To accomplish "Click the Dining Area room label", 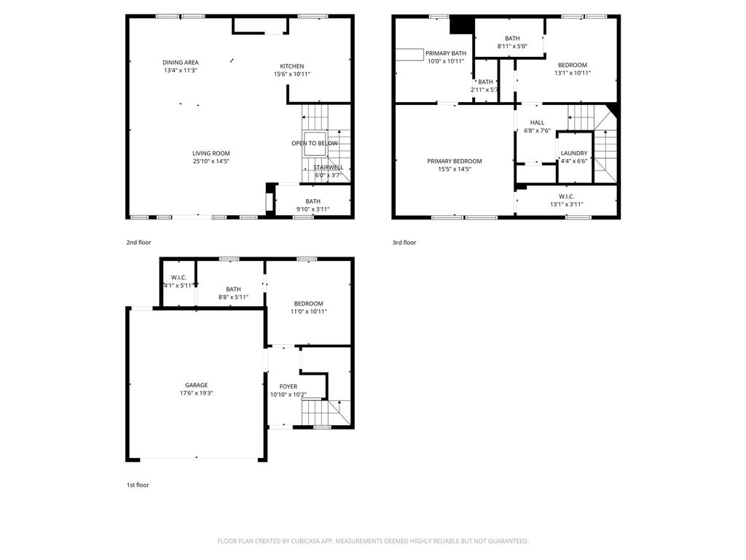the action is (181, 63).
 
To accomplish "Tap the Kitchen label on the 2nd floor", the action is (291, 66).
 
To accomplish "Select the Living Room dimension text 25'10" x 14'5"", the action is (211, 161).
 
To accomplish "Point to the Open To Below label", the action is (315, 144).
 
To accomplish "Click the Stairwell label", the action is (329, 168).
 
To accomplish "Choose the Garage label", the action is (197, 385).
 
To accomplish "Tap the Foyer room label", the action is (288, 386).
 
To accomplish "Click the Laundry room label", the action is (574, 153).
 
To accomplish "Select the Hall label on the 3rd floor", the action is (537, 122).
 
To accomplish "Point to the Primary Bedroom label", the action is (455, 161).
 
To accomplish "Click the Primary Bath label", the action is (446, 53).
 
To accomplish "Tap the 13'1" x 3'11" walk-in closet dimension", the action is (567, 205).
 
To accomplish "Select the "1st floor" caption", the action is (138, 485).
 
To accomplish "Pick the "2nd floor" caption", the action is (138, 242).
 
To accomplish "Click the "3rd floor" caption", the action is (404, 242).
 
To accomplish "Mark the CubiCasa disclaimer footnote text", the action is (373, 541).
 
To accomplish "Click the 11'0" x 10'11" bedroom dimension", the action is (309, 312).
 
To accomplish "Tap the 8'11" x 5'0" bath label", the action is (512, 46).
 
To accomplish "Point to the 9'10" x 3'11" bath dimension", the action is (313, 209).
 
